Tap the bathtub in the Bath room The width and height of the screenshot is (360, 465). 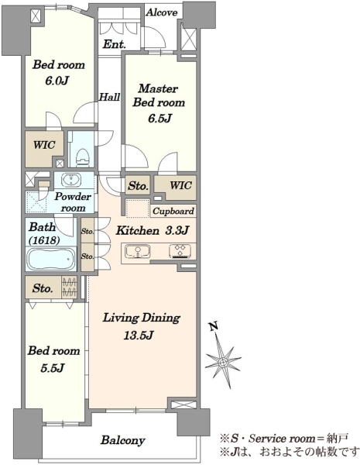coord(51,259)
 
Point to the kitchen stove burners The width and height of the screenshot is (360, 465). coord(180,251)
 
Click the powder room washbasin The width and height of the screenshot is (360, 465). coord(71,180)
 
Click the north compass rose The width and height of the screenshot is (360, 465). coord(222,361)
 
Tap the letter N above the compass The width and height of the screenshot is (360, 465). coord(214,326)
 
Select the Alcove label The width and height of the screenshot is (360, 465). coord(162,12)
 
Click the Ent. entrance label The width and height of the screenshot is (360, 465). coord(115,44)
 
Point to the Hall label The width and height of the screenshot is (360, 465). coord(109,97)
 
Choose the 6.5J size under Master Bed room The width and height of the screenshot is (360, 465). coord(160,119)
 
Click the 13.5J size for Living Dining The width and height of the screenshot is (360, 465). coord(139,336)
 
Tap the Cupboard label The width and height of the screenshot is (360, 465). coord(173,211)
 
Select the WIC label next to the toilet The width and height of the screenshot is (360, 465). coord(44,145)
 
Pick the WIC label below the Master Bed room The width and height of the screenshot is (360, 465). coord(180,185)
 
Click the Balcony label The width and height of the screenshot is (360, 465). coord(123,440)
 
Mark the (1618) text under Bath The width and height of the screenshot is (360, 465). coord(44,240)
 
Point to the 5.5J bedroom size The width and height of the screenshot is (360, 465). coord(53,368)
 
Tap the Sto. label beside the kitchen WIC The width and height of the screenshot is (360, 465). coord(138,186)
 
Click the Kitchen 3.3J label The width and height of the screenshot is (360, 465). coord(153,230)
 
